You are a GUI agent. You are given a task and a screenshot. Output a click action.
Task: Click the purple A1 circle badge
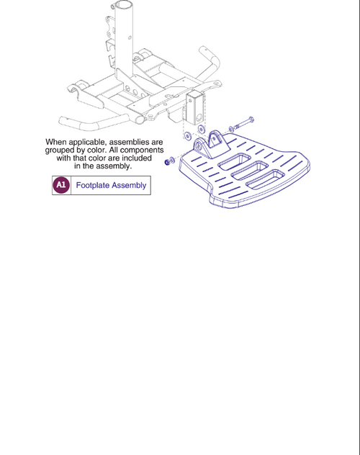pos(61,185)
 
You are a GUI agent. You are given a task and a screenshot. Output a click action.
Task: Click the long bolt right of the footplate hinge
pos(241,119)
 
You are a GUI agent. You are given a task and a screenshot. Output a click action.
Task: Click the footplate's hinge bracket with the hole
pos(214,140)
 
